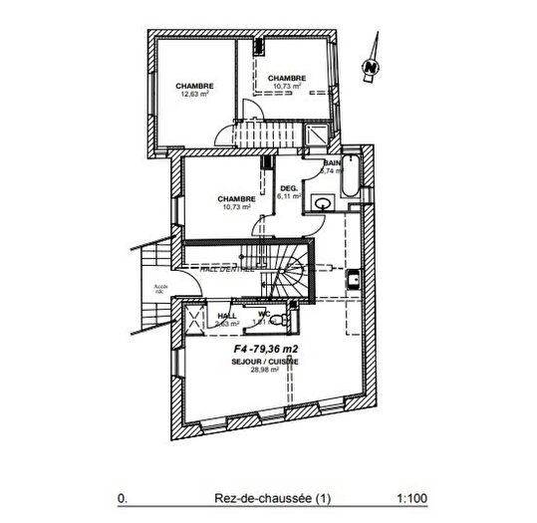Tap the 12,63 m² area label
[x=195, y=96]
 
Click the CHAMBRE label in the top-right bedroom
[x=286, y=78]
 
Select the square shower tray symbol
[x=316, y=136]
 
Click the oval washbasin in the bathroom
[x=320, y=204]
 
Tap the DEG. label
[x=289, y=188]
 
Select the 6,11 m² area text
[x=290, y=197]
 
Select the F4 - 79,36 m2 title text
[x=266, y=350]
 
